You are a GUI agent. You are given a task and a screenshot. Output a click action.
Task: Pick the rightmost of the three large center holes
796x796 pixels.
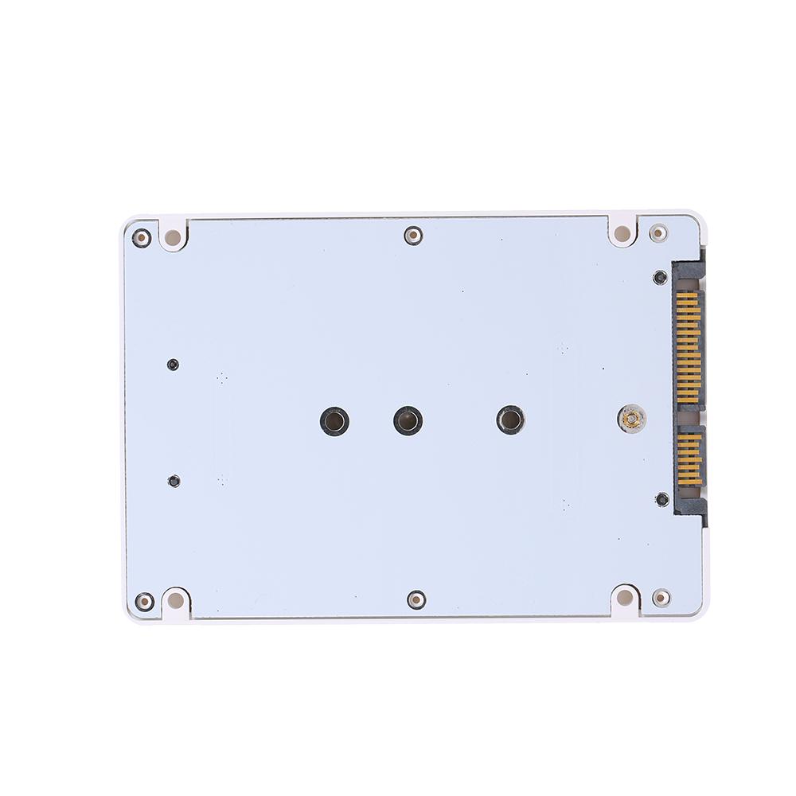(509, 419)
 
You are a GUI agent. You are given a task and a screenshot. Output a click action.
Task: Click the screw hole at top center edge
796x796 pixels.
(412, 235)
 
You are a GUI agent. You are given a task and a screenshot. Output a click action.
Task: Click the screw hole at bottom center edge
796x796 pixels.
(415, 599)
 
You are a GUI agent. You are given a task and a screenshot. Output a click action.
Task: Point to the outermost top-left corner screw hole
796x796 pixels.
(142, 236)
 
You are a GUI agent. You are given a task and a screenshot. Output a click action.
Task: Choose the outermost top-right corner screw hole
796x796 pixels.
(659, 233)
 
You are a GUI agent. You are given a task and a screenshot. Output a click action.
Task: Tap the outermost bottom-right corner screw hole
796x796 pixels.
(660, 597)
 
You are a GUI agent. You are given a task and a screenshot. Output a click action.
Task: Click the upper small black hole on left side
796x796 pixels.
(174, 365)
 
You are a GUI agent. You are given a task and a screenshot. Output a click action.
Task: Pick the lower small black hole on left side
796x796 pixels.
(174, 481)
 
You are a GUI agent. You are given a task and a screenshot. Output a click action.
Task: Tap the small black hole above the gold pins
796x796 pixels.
(659, 278)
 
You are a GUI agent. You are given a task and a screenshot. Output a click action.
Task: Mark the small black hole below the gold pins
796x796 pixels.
(661, 500)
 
